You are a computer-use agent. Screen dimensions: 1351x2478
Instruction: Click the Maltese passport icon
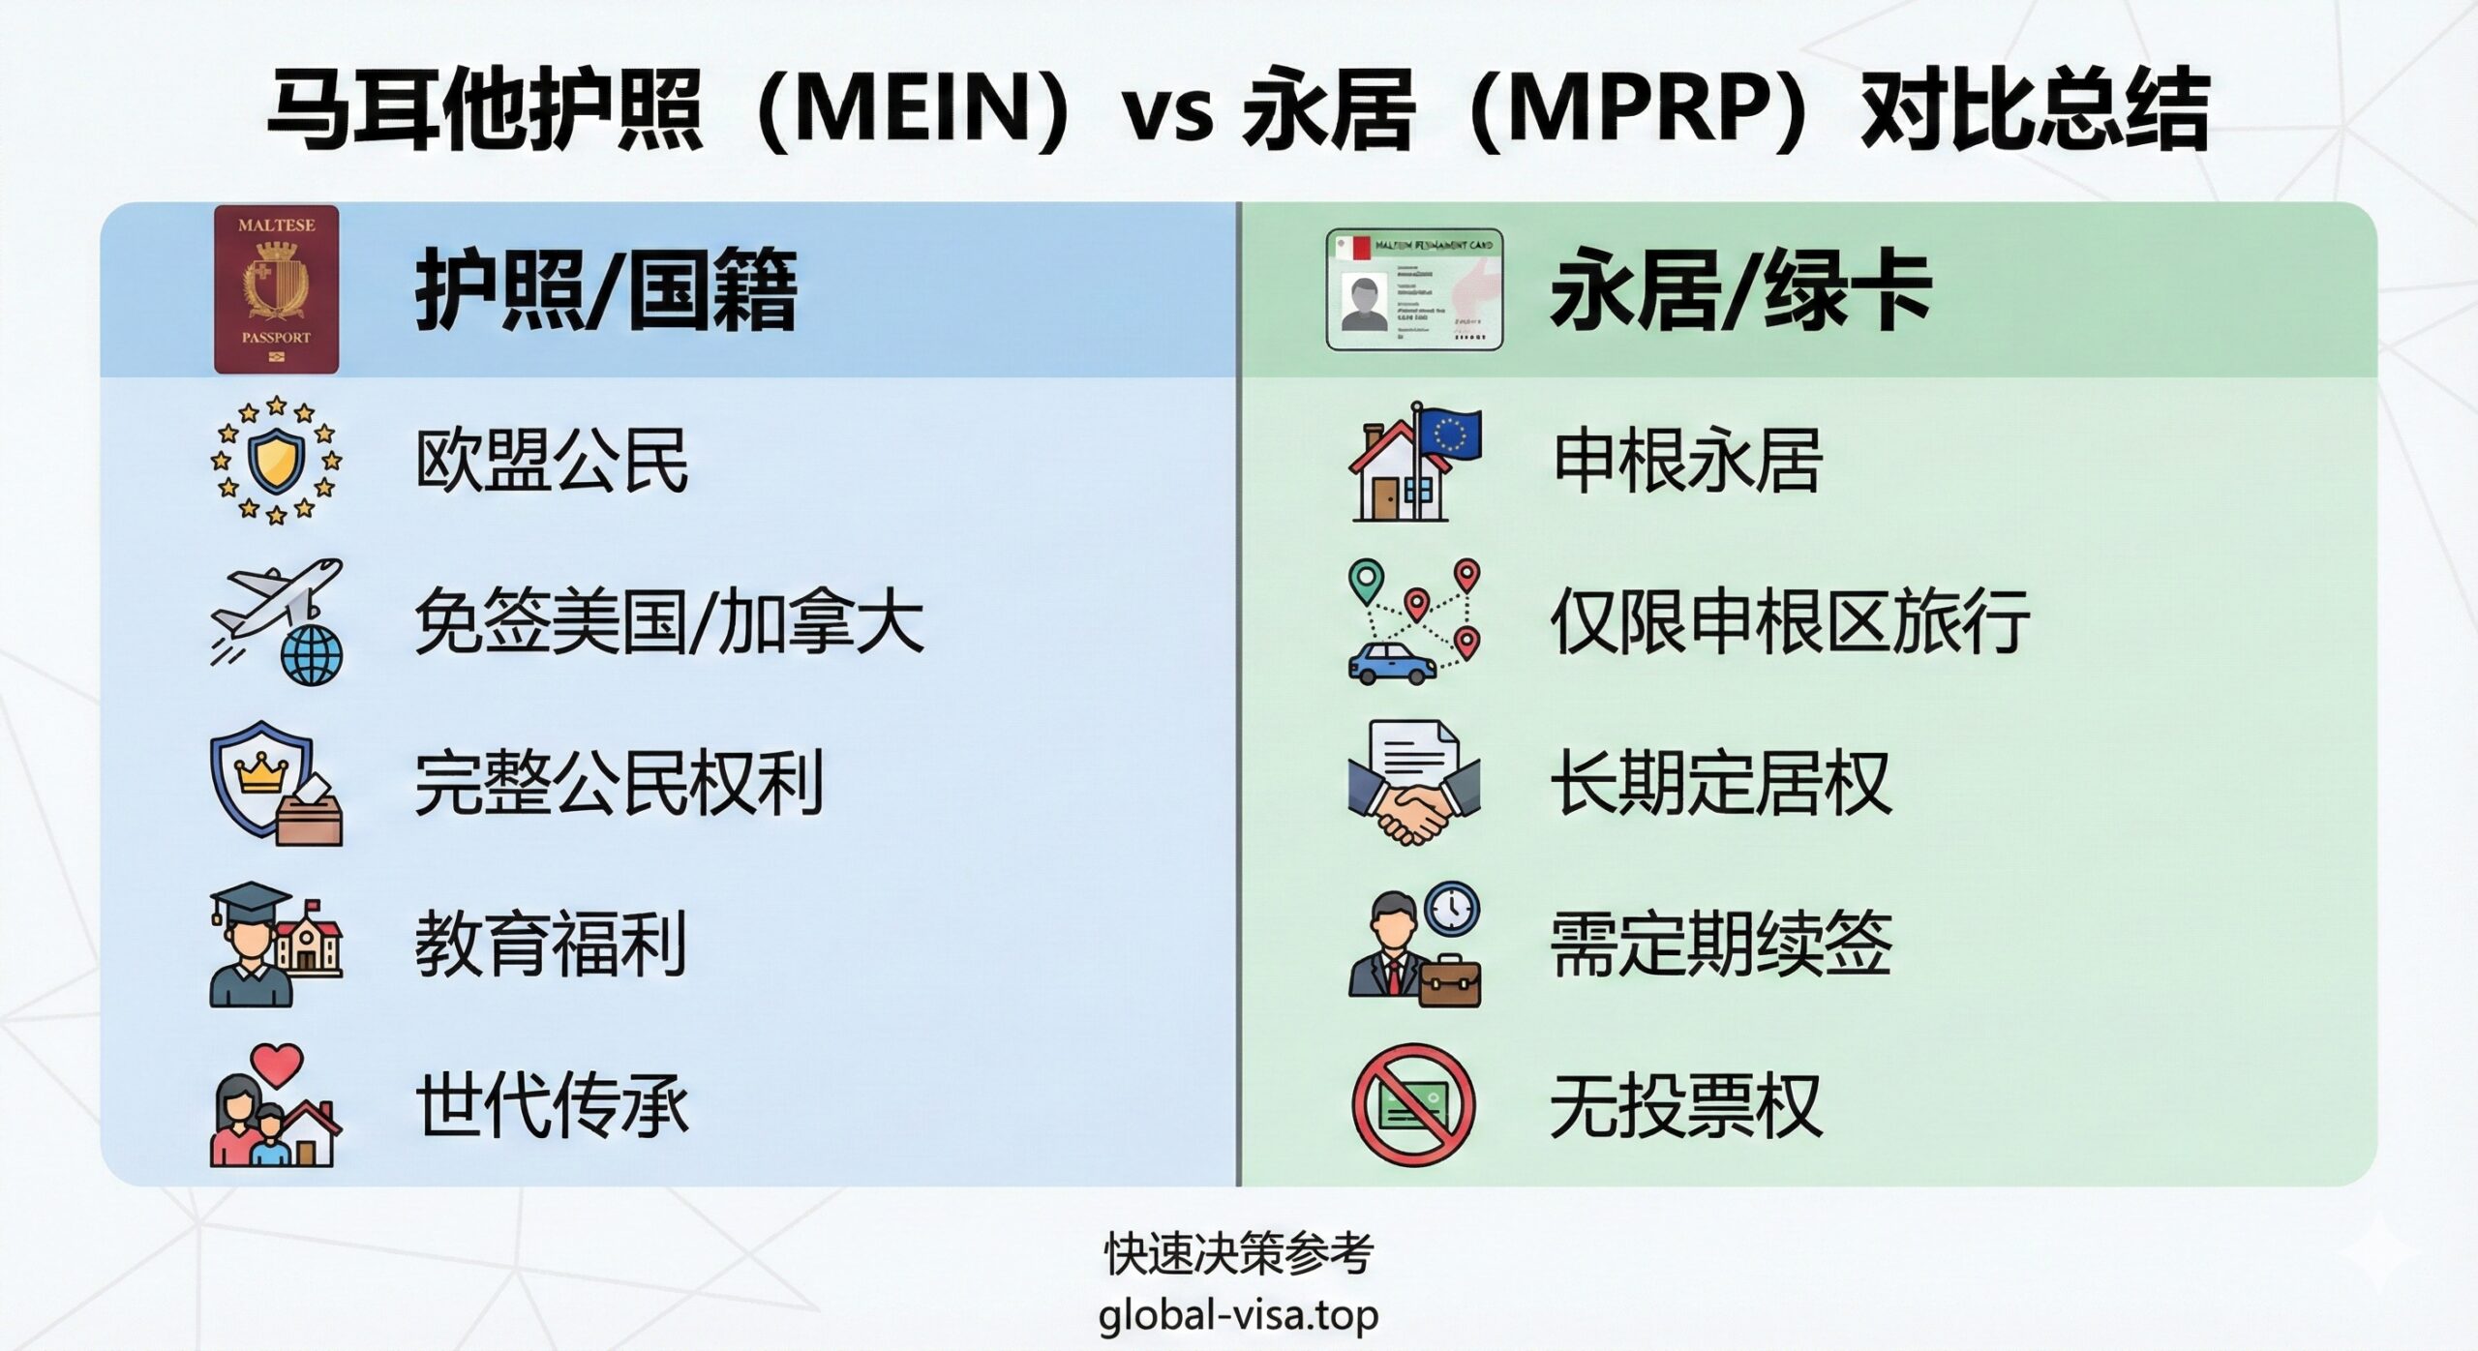coord(276,289)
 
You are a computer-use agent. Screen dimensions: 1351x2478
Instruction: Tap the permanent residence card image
coord(1414,288)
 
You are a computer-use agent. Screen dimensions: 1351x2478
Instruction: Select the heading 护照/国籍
coord(606,290)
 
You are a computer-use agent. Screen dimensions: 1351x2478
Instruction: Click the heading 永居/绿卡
coord(1739,290)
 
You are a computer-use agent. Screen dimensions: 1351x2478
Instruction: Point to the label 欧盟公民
coord(552,461)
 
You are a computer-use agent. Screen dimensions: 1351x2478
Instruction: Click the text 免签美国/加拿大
coord(669,621)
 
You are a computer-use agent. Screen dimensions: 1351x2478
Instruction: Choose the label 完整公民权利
coord(619,782)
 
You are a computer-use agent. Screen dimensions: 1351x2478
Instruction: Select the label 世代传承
coord(552,1105)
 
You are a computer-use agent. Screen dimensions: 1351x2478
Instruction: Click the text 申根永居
coord(1687,461)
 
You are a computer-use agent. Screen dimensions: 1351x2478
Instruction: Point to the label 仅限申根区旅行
coord(1790,621)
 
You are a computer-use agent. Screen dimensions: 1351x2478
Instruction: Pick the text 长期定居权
coord(1721,782)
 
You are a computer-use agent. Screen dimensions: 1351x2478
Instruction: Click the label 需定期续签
coord(1721,944)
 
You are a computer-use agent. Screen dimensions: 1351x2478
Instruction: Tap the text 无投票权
coord(1686,1105)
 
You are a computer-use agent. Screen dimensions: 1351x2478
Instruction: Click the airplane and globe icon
coord(277,621)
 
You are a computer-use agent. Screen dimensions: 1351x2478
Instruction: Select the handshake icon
coord(1414,782)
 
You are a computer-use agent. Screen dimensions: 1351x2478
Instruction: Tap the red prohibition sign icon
coord(1414,1105)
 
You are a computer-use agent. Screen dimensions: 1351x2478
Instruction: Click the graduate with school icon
coord(276,944)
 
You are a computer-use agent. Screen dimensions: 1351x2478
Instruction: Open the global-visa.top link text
coord(1238,1315)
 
